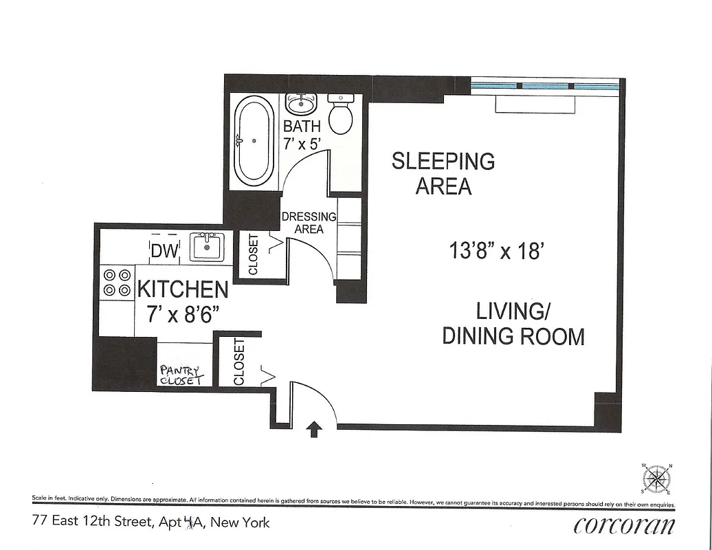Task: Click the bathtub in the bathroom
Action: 254,140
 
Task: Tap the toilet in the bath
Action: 340,115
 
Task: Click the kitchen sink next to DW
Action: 206,247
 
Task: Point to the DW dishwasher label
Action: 164,252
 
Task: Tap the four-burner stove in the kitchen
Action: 117,283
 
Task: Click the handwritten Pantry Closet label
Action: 181,375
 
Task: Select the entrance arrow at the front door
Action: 313,430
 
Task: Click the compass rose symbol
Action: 658,477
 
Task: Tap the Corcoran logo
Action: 624,525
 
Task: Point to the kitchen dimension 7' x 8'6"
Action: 182,315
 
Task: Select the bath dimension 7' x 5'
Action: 302,143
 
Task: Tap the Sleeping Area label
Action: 443,173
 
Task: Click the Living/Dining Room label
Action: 513,324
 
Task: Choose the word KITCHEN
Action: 183,289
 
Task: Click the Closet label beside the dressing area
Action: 253,255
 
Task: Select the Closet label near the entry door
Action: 238,362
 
